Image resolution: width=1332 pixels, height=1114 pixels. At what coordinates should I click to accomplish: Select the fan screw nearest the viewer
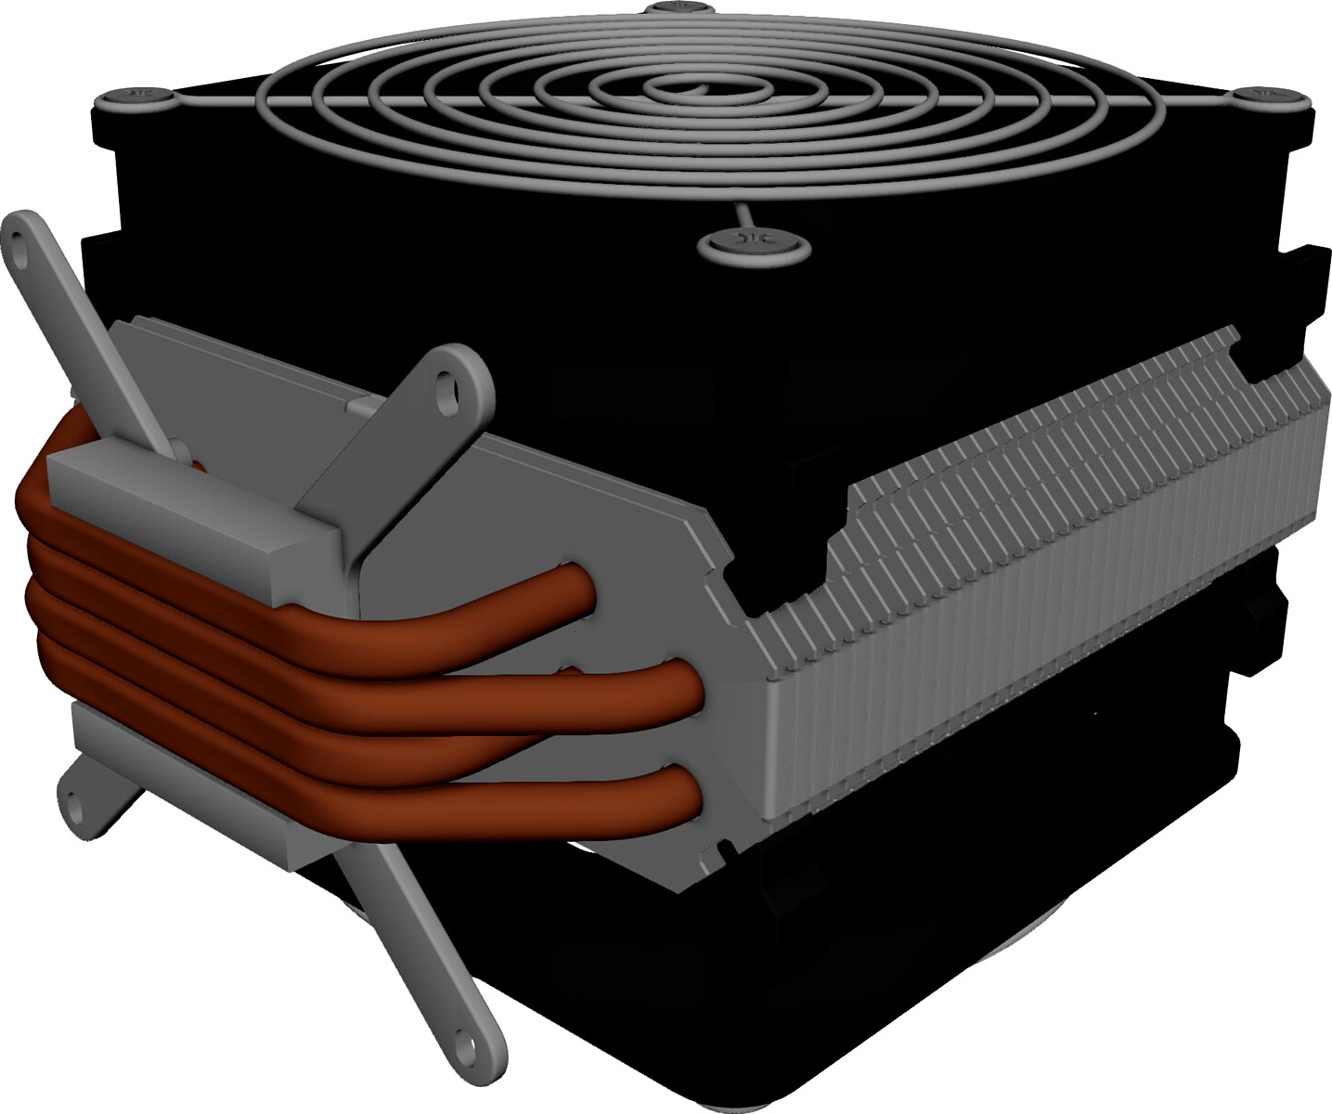tap(753, 243)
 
